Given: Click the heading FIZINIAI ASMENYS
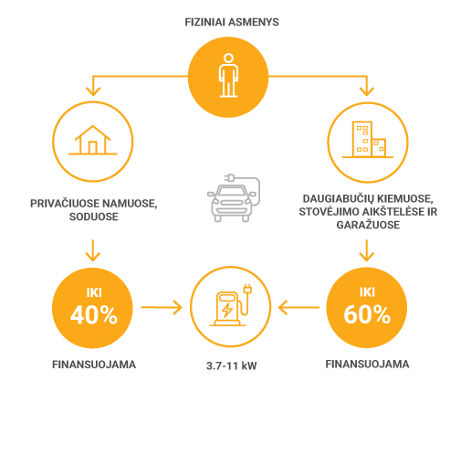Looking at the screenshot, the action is tap(232, 22).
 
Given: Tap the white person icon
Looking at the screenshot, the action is tap(228, 75).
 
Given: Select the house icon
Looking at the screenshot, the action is tap(93, 140).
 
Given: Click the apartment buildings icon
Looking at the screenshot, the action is tap(368, 140).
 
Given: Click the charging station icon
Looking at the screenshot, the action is tap(231, 305).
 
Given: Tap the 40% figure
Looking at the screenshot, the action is tap(94, 315).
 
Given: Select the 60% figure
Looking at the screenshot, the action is tap(367, 314).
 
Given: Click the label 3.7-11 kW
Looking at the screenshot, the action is tap(232, 366).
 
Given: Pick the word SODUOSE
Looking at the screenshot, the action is tap(94, 217).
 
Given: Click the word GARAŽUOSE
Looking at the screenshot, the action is tap(368, 225).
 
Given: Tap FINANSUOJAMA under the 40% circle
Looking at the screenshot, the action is tap(94, 365).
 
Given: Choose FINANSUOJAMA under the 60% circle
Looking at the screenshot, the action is tap(367, 365).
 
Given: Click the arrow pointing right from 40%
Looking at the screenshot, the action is tap(162, 307).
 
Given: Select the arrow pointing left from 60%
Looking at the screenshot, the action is tap(298, 307).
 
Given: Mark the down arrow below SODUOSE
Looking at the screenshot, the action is tap(93, 250).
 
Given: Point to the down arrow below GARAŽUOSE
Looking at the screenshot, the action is tap(367, 250).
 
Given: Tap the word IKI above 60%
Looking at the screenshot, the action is tap(367, 292).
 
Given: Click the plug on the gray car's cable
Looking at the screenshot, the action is tap(229, 177).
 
